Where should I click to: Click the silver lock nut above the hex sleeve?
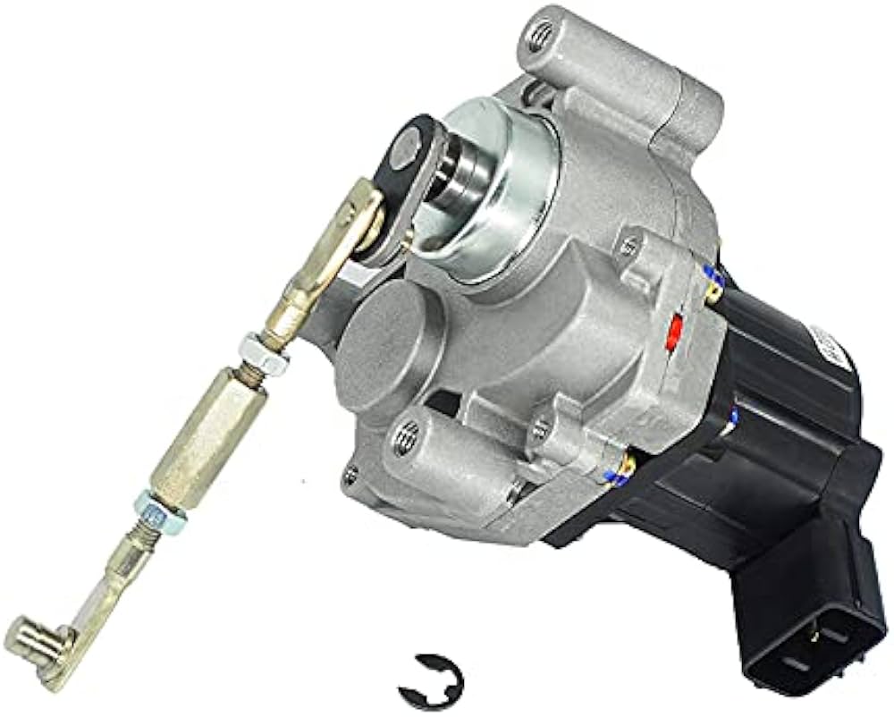264,353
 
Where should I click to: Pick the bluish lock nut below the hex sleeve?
160,511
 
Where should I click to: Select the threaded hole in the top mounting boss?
539,38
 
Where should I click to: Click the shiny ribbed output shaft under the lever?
456,188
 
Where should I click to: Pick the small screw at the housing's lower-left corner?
353,474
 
